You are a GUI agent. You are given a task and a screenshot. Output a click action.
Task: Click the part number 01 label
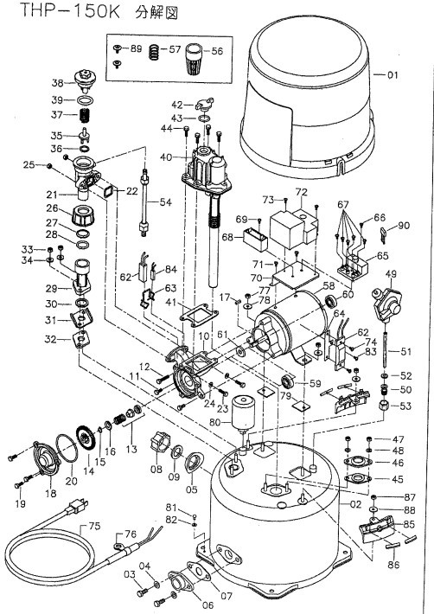[x=393, y=74]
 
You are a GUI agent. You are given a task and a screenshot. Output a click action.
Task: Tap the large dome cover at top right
[x=307, y=98]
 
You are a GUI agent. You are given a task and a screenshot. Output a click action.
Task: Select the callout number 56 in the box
[x=217, y=51]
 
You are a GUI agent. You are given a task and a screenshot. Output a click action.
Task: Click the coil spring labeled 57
[x=155, y=52]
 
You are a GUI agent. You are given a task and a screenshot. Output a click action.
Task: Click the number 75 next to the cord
[x=94, y=526]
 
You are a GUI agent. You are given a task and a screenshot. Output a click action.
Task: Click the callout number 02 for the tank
[x=355, y=504]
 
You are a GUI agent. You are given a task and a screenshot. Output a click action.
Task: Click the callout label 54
[x=166, y=202]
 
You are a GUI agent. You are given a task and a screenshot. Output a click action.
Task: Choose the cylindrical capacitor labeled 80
[x=244, y=413]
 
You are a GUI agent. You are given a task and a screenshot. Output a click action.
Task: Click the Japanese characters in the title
[x=156, y=13]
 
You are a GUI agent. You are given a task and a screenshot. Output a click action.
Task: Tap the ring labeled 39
[x=86, y=100]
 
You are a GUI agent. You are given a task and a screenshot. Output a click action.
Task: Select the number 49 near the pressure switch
[x=391, y=274]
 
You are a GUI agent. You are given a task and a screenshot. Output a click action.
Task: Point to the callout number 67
[x=343, y=204]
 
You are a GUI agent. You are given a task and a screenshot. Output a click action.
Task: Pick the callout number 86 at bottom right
[x=393, y=564]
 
